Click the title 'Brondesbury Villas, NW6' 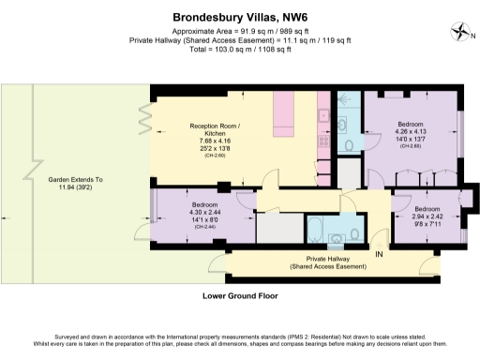tap(239, 16)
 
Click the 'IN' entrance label tap(380, 254)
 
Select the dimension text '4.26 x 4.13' tap(412, 132)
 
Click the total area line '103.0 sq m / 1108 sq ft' tap(239, 50)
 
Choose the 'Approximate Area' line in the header tap(239, 30)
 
